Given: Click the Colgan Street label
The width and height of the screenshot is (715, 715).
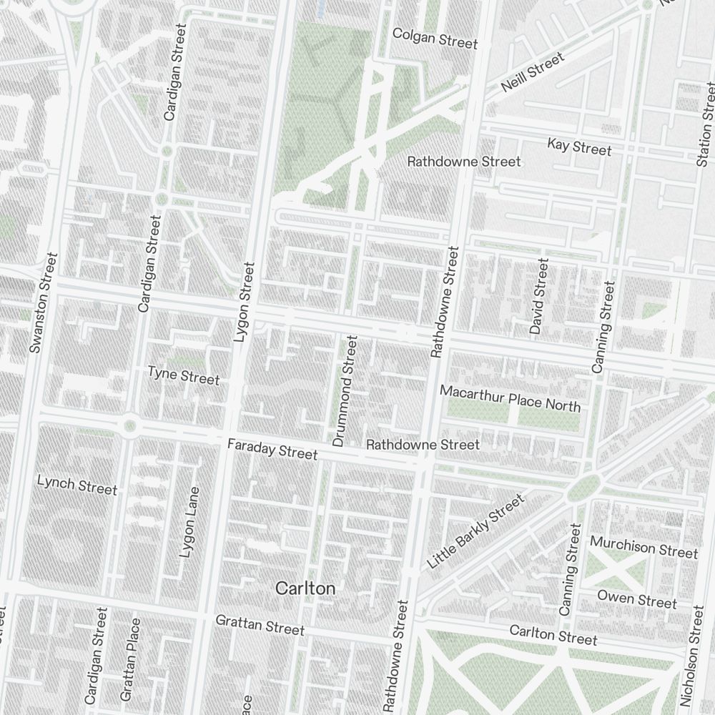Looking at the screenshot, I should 435,39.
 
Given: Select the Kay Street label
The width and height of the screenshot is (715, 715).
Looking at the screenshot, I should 579,147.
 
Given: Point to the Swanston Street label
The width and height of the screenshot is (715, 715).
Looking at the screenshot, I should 42,302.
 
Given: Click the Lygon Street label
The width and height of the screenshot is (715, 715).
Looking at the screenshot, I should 245,302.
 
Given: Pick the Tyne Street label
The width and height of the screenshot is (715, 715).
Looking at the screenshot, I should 183,375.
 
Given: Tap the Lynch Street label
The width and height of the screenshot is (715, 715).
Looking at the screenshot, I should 77,485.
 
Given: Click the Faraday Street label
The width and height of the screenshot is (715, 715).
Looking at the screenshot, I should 272,450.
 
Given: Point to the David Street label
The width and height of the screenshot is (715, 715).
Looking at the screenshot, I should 538,297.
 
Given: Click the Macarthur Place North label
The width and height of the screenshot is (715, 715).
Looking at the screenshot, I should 510,398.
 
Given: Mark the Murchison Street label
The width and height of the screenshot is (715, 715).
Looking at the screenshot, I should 643,548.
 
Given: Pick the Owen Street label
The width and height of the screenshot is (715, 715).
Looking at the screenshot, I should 636,599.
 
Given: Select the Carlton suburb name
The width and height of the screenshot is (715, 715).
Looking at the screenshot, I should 305,588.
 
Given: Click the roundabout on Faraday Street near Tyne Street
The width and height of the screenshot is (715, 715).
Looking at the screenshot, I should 129,427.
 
